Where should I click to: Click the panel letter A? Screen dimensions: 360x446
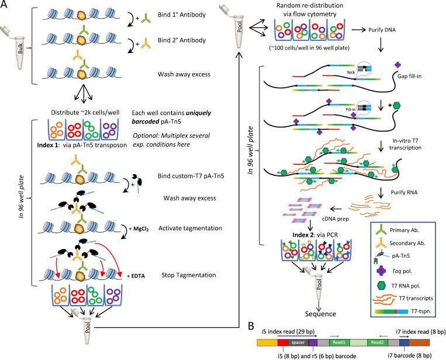click(x=7, y=7)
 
